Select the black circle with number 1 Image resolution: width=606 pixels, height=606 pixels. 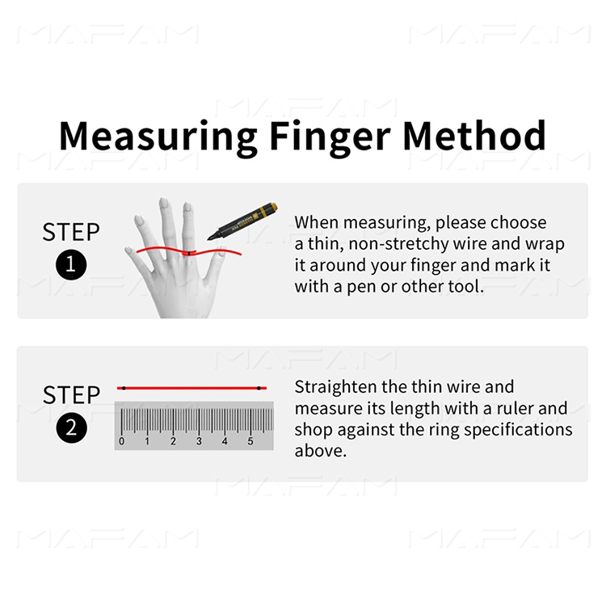(71, 265)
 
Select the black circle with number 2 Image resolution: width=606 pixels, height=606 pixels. (71, 427)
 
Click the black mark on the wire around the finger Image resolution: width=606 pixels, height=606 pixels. (189, 254)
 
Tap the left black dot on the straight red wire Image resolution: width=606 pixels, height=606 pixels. (124, 388)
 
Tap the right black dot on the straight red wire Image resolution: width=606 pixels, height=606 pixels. (259, 388)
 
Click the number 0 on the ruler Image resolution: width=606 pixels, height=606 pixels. (122, 441)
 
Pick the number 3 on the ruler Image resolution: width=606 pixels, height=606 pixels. (199, 441)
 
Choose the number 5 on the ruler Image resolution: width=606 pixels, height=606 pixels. (250, 441)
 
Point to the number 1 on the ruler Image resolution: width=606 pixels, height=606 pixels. (147, 441)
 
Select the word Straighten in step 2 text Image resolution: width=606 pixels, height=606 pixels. (336, 387)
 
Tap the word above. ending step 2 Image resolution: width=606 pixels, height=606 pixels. (321, 451)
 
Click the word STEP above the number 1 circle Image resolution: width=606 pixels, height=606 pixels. (71, 232)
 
